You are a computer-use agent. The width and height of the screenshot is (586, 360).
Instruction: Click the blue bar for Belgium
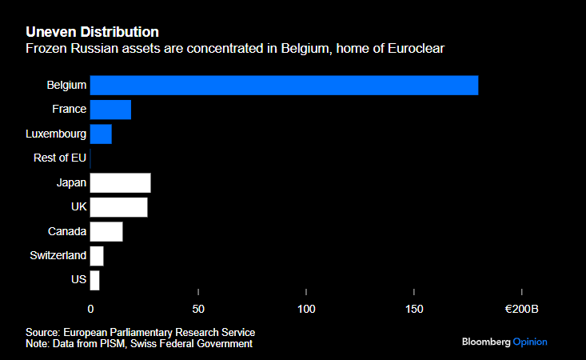point(284,85)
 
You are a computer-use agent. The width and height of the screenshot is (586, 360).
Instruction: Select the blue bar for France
point(110,110)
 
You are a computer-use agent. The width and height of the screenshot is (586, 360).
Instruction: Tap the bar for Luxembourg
point(101,134)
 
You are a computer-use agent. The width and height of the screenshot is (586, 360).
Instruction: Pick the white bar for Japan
point(120,182)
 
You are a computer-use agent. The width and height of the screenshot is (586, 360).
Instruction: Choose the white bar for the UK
point(118,207)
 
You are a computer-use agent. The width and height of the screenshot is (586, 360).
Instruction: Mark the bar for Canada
point(106,231)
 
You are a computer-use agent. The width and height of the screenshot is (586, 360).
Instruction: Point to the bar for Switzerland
point(97,256)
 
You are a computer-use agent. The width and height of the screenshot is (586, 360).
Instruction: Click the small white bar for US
point(94,280)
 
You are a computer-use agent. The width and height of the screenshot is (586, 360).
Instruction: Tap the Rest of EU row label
point(60,158)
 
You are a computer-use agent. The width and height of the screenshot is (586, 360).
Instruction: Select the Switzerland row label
point(58,256)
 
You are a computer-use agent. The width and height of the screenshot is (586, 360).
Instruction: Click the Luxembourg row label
point(56,134)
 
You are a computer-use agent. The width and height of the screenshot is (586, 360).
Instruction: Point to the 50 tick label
point(198,309)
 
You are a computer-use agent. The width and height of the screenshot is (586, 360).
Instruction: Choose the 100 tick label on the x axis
point(306,309)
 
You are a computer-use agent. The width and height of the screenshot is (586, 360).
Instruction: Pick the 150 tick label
point(414,309)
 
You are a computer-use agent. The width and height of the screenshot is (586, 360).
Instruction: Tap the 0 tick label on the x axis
point(90,309)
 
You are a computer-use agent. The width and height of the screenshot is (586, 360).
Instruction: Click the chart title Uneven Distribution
point(92,32)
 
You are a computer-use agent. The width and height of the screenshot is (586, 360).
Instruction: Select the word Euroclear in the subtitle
point(416,50)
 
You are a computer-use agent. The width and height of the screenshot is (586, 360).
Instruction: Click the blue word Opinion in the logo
point(530,342)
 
